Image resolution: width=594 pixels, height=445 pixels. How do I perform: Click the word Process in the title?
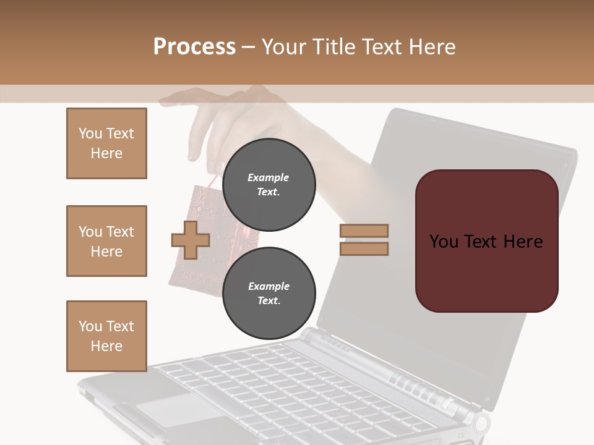point(194,47)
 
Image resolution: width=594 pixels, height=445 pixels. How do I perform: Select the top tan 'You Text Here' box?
point(106,143)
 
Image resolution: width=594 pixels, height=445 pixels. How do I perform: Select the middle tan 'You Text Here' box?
point(106,241)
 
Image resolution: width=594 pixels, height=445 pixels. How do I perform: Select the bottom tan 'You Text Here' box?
point(106,336)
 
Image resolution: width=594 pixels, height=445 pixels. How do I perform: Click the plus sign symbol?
point(190,240)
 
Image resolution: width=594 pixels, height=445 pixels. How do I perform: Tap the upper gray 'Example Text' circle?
point(269,185)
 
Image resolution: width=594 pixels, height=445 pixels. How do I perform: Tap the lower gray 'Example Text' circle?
point(269,294)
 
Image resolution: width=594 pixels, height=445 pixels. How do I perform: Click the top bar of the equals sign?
point(364,231)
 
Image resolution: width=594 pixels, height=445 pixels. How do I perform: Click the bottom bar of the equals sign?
point(364,249)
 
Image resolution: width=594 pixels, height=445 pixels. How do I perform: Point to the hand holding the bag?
point(241,117)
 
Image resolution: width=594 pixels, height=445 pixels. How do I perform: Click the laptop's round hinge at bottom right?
point(481,423)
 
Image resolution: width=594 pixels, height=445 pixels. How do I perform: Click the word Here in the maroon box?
point(523,242)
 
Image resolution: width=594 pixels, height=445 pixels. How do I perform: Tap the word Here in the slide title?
point(431,47)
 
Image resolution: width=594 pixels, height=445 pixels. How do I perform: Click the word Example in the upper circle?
point(269,177)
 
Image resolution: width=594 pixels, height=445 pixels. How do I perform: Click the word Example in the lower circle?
point(269,286)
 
